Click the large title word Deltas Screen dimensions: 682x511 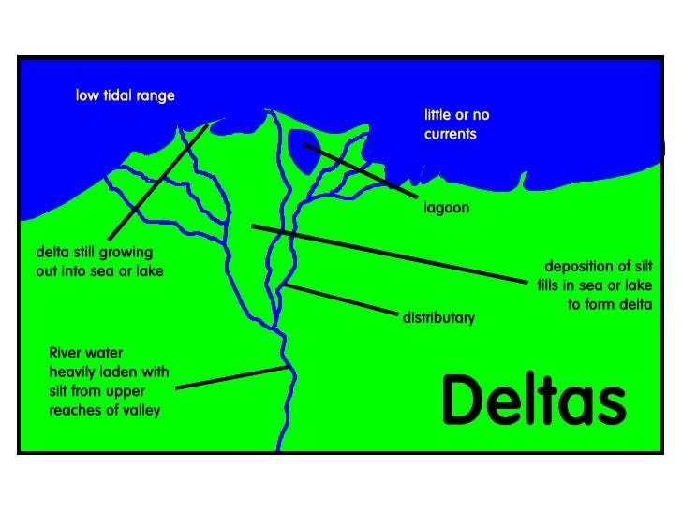(533, 401)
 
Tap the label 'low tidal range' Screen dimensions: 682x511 (126, 96)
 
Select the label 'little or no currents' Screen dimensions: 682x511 (456, 124)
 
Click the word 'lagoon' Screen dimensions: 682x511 (447, 208)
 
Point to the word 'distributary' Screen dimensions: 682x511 (438, 318)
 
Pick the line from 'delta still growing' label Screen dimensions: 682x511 (156, 181)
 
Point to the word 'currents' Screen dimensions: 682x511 (450, 134)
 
